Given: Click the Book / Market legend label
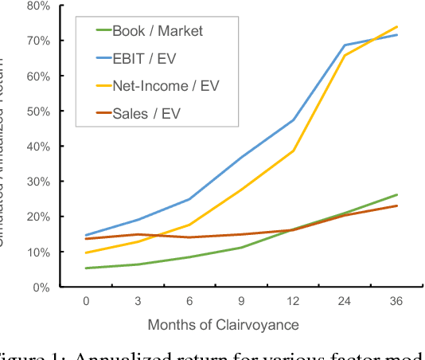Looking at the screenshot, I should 157,31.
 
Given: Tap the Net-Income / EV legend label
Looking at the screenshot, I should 166,86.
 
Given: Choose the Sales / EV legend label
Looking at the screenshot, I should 146,113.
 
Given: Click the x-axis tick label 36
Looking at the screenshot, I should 396,302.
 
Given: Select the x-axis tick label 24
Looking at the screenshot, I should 345,302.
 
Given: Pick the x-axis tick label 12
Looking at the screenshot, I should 293,302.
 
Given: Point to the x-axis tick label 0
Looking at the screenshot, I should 86,302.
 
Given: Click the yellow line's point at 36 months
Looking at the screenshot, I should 396,26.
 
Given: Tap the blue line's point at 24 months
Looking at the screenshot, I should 345,45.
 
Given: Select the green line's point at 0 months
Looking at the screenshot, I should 86,268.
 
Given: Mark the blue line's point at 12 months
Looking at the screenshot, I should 293,120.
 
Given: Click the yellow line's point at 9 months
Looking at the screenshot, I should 241,190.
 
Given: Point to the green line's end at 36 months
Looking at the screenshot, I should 396,194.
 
